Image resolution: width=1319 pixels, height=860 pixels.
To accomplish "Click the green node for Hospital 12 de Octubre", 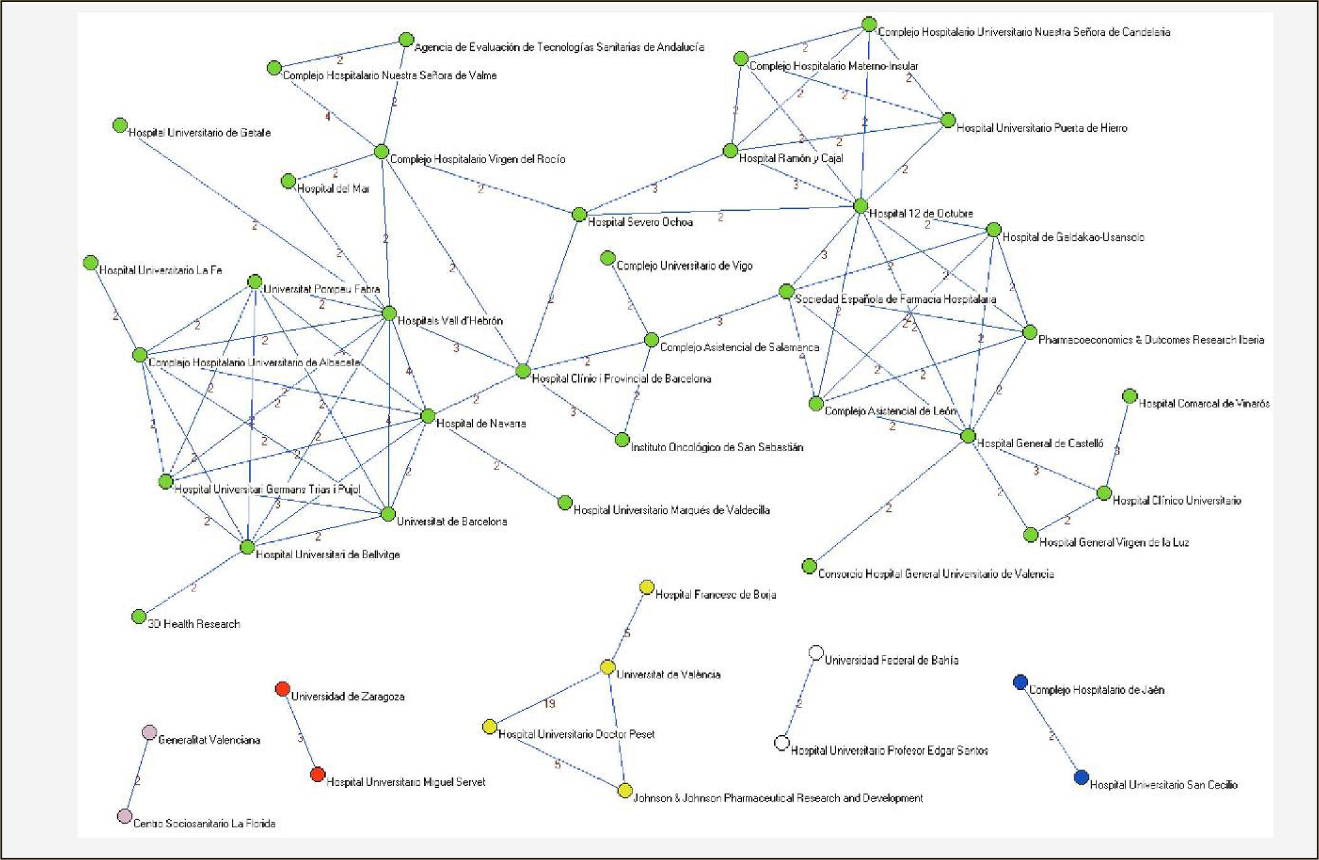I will click(861, 206).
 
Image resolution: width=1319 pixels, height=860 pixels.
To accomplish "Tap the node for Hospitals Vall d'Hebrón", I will click(389, 313).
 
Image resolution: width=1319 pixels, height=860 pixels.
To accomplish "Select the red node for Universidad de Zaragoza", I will click(283, 689).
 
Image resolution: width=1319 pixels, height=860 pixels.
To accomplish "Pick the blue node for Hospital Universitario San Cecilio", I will click(1081, 777).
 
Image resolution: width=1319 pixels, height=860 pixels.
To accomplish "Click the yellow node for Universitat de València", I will click(607, 667).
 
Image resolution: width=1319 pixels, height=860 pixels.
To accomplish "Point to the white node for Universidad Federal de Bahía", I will click(816, 653).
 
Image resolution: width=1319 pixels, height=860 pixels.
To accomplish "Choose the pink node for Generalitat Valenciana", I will click(149, 732).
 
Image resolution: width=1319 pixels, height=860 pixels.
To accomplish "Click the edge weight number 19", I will click(549, 703).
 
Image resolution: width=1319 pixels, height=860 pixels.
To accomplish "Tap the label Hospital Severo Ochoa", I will click(640, 222).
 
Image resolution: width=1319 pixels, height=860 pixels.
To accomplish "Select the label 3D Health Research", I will click(194, 624).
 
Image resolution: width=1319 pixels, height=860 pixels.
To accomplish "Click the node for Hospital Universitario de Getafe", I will click(120, 125).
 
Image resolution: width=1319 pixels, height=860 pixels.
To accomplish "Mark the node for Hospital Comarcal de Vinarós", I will click(1130, 396).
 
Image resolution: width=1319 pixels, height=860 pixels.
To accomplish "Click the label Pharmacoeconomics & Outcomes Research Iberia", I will click(1151, 340).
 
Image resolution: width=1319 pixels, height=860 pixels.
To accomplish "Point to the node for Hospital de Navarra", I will click(428, 416).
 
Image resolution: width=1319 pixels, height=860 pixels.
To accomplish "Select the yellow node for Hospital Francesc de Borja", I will click(647, 587).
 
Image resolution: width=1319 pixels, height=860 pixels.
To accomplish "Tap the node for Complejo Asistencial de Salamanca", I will click(652, 340).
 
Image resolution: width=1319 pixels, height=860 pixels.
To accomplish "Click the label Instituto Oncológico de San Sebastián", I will click(717, 447).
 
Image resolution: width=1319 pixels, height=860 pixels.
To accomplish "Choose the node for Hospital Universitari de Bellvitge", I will click(248, 547).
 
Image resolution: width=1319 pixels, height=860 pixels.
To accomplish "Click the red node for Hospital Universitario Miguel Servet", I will click(318, 774).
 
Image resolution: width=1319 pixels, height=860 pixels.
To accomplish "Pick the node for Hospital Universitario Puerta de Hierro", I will click(948, 120).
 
